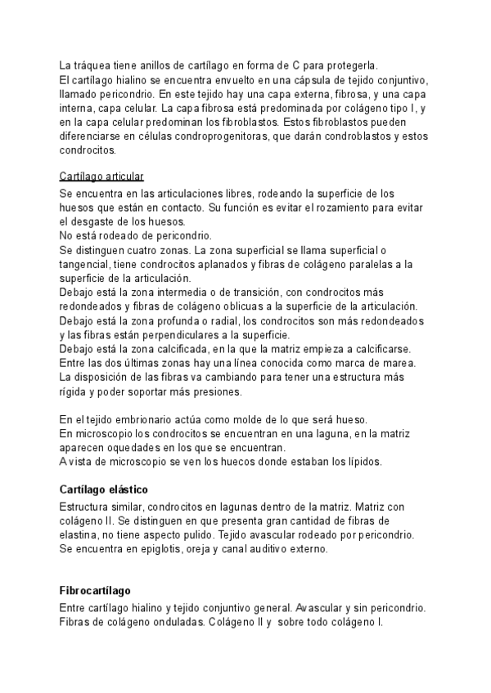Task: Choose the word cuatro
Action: click(x=147, y=249)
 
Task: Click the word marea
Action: click(x=400, y=363)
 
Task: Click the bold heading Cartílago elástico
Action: click(x=103, y=490)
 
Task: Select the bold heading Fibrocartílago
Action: click(x=95, y=591)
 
